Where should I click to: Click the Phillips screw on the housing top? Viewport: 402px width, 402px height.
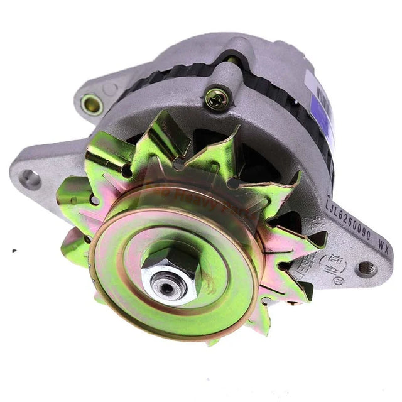coord(217,97)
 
